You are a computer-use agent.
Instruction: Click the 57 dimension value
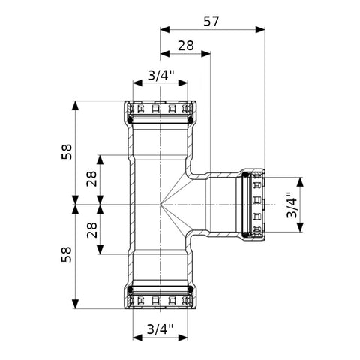point(211,21)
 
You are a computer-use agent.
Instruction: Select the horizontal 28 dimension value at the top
point(186,46)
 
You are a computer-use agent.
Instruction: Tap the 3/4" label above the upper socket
point(160,75)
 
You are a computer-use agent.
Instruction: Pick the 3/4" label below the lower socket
point(160,329)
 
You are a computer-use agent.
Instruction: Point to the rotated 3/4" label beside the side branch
point(292,205)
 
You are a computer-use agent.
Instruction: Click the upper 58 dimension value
point(67,151)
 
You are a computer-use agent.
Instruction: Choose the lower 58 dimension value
point(66,254)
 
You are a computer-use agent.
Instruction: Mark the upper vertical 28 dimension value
point(91,179)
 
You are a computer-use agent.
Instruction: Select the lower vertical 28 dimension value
point(91,230)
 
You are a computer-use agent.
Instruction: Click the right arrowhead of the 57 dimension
point(260,30)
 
